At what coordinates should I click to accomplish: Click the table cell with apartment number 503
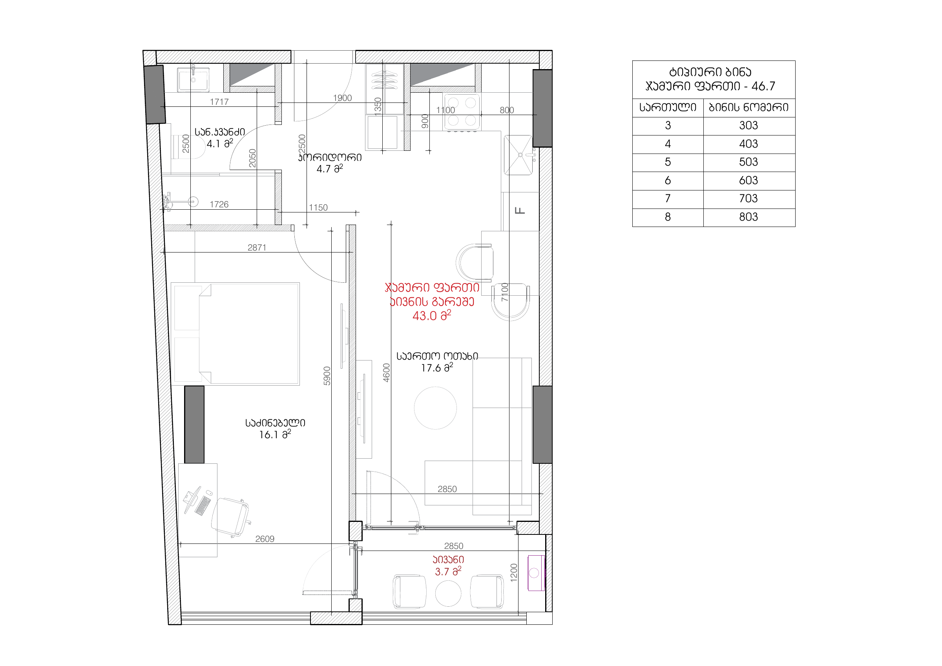point(748,162)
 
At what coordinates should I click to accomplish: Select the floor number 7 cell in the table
point(668,199)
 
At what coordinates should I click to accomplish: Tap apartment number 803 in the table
point(748,217)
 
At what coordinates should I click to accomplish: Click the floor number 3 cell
point(668,126)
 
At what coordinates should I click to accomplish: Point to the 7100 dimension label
point(505,292)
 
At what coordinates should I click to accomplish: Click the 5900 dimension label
point(327,376)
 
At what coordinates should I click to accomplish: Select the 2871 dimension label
point(257,247)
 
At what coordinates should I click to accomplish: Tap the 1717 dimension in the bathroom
point(219,102)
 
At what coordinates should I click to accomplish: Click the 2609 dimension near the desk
point(265,539)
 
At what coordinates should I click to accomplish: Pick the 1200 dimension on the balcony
point(514,573)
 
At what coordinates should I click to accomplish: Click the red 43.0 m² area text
point(432,316)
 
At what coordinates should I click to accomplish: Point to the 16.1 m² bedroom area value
point(275,434)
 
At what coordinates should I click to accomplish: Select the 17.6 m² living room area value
point(437,367)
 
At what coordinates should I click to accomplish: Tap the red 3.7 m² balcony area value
point(448,571)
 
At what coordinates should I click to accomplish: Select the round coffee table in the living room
point(435,408)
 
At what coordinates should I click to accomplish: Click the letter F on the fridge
point(520,210)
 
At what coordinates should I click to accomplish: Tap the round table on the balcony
point(448,593)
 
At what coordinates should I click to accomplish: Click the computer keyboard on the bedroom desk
point(203,505)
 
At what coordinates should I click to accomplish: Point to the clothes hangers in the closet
point(384,80)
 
